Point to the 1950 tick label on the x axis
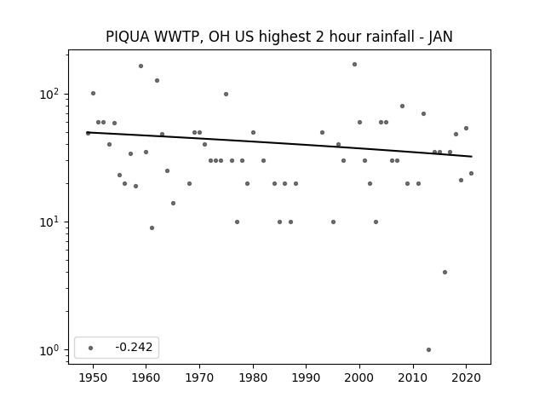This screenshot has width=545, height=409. [93, 377]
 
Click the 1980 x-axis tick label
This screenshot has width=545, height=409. [253, 377]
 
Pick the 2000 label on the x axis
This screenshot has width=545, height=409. [359, 377]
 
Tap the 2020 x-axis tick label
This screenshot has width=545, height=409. [466, 377]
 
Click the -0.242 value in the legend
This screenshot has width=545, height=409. [134, 347]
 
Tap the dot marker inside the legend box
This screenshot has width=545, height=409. [91, 348]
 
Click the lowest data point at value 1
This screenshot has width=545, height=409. [428, 349]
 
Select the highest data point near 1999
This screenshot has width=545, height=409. [354, 65]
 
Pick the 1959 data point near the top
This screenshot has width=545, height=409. [141, 66]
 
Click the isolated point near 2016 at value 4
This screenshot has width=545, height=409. [445, 273]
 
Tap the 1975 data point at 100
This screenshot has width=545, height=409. [226, 95]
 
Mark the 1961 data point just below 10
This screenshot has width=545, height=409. [152, 228]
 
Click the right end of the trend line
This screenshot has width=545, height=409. [472, 157]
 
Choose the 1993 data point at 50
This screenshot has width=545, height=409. [322, 133]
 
